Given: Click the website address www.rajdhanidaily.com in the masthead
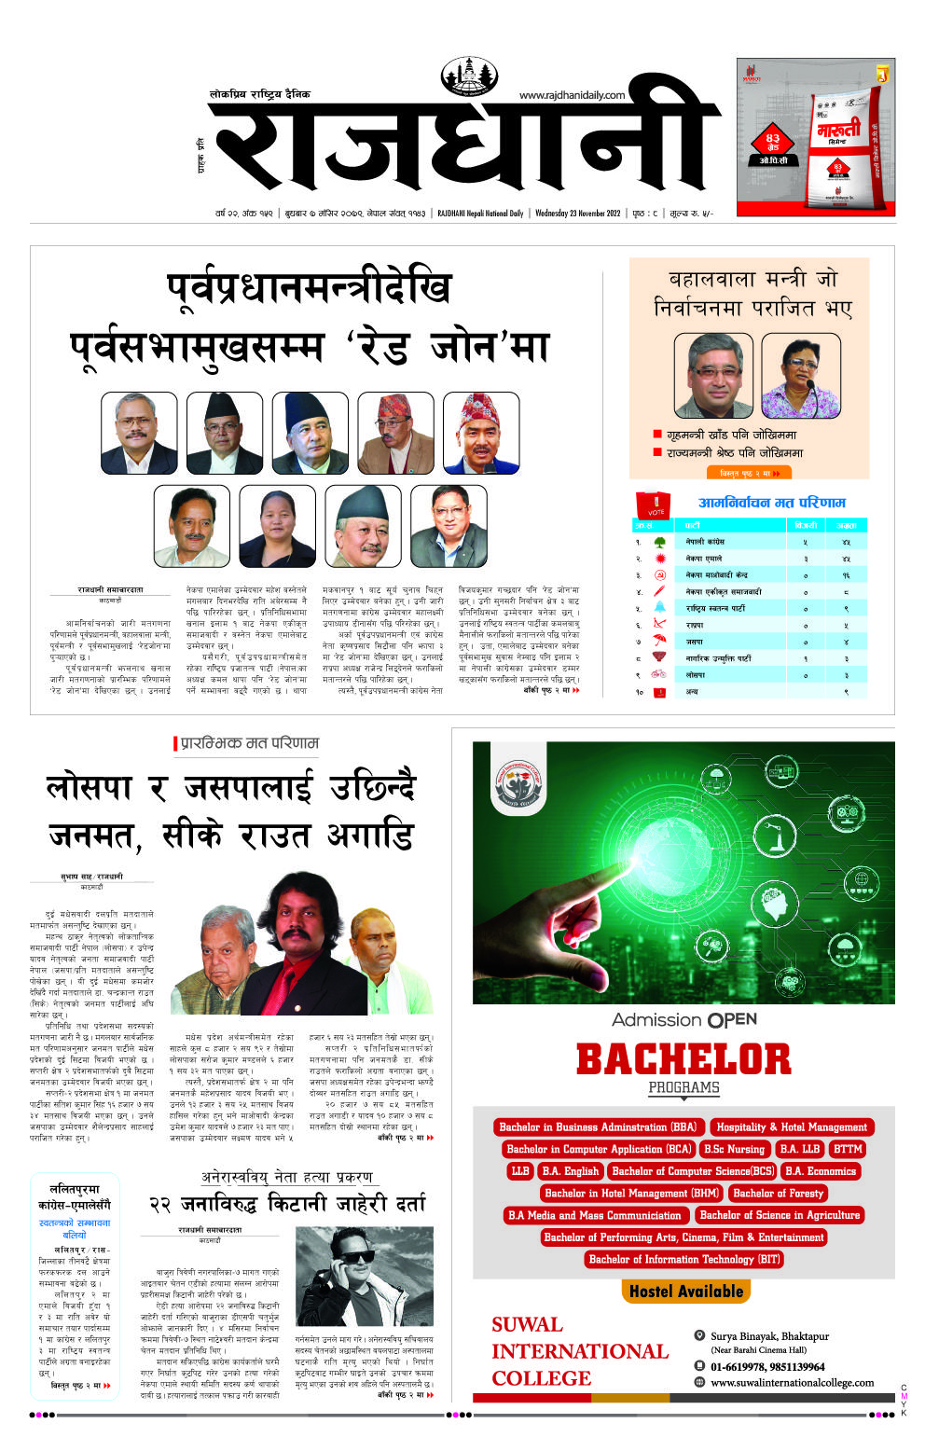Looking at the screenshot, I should click(x=572, y=95).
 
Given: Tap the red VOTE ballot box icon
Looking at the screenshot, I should click(x=653, y=505).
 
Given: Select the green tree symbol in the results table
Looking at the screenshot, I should click(x=659, y=542).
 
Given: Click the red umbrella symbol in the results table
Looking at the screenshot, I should click(x=659, y=642).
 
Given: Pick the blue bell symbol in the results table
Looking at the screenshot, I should click(x=659, y=608).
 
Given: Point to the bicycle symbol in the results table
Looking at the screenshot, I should click(x=659, y=674).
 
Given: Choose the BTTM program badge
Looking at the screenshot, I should click(x=848, y=1149).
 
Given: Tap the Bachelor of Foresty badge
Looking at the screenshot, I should click(x=778, y=1193).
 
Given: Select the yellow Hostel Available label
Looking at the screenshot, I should click(x=686, y=1292).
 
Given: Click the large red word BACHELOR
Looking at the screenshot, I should click(x=683, y=1059).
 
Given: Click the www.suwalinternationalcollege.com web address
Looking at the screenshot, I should click(x=792, y=1383).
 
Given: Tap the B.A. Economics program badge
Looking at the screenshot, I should click(x=820, y=1171).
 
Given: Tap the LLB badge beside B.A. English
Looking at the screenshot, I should click(x=520, y=1171).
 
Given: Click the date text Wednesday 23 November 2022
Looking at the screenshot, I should click(x=577, y=214).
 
